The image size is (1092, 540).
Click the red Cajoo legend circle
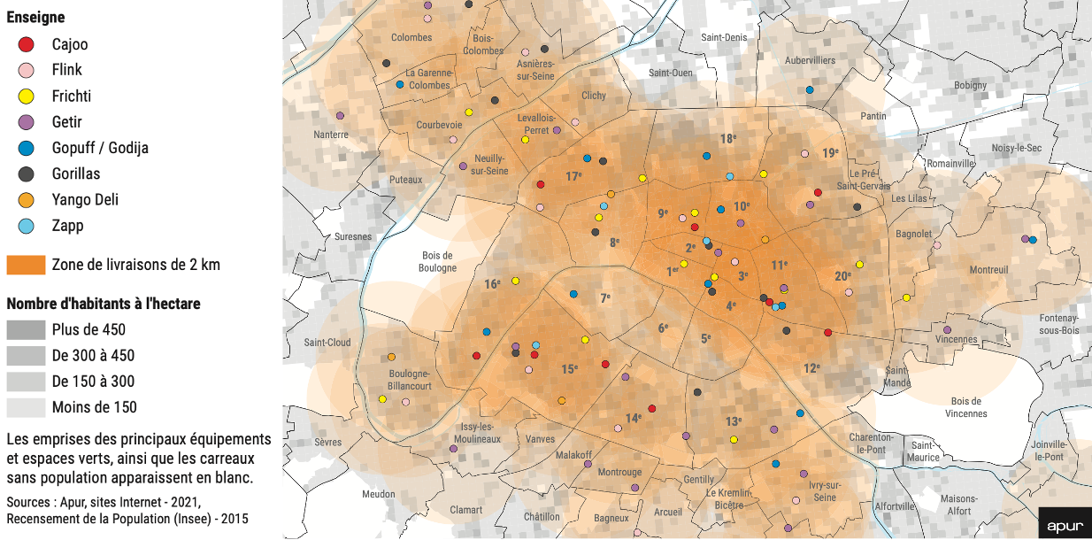coord(27,44)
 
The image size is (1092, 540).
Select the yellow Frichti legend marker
coord(27,96)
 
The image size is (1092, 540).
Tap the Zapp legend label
coord(67,226)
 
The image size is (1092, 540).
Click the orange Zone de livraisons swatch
coord(26,265)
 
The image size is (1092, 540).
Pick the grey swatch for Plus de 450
coord(26,330)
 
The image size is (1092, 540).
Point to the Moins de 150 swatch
coord(26,407)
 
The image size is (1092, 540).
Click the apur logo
coord(1065,526)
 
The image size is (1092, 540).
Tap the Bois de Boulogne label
coord(437,261)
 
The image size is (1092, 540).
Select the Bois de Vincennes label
coord(965,407)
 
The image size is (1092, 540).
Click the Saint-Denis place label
coord(724,37)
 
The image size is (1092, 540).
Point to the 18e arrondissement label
coord(727,139)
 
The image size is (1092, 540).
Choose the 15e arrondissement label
coord(570,368)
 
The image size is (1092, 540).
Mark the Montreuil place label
coord(988,269)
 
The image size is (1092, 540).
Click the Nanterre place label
coord(331,135)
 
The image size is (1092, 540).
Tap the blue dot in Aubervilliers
coord(810,90)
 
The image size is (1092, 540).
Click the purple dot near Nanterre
coord(340,116)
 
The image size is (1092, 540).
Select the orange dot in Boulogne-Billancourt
coord(391,358)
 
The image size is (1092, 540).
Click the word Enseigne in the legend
coord(35,18)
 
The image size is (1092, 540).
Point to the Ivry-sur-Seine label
coord(823,491)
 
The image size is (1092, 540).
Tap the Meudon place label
coord(379,494)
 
